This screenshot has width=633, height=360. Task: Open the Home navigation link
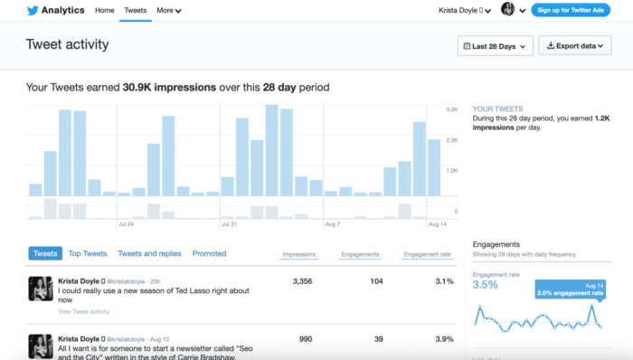point(105,10)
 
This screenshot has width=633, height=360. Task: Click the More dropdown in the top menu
point(168,11)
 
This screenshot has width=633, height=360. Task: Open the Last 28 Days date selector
point(496,45)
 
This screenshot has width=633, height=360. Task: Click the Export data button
point(574,45)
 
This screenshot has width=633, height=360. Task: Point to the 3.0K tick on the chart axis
point(452,109)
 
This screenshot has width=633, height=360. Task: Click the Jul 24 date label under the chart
point(126,223)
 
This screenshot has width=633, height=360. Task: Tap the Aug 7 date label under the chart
point(332,223)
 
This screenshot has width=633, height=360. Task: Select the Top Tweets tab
point(88,254)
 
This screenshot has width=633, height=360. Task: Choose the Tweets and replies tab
point(149,254)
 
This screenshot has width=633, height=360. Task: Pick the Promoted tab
point(209,254)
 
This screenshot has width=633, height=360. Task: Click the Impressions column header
point(298,255)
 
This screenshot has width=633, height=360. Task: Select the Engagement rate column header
point(427,255)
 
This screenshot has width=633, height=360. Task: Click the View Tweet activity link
point(83,311)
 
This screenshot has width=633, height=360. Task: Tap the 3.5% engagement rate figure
point(486,285)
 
